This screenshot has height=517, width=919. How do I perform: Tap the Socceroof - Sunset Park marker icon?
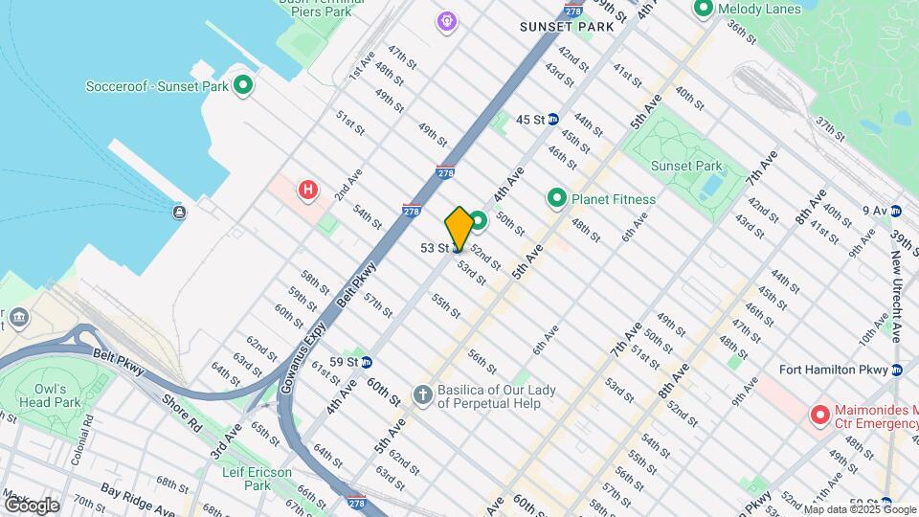[243, 85]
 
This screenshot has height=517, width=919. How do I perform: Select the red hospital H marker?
[307, 190]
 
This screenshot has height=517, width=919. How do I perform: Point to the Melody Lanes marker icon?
[703, 9]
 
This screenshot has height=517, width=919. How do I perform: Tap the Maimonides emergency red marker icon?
[819, 416]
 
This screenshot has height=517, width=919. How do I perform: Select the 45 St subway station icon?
[553, 120]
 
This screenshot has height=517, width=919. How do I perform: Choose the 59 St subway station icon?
[367, 362]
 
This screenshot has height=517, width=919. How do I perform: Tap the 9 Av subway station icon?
[896, 211]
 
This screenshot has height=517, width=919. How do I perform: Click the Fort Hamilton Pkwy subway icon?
[896, 370]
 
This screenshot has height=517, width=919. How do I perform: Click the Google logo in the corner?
[32, 506]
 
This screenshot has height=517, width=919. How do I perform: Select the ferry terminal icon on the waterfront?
[179, 212]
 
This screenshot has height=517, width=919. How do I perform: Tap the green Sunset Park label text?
[686, 166]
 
